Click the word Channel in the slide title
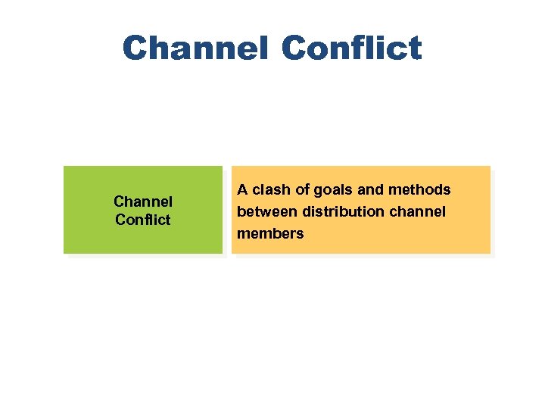pos(195,48)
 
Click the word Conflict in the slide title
pos(351,48)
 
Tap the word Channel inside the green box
pos(143,201)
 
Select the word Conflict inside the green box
pos(143,220)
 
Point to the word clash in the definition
pos(272,189)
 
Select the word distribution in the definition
pos(334,211)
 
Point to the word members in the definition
pos(270,233)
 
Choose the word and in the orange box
pos(369,189)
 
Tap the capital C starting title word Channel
pos(135,48)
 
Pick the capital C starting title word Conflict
pos(294,48)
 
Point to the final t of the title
pos(414,48)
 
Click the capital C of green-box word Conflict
pos(120,220)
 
